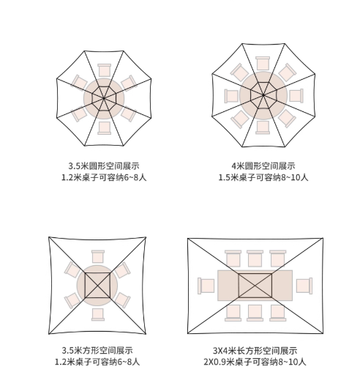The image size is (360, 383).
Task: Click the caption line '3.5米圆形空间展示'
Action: [x=104, y=166]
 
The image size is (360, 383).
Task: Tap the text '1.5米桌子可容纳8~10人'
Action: [x=263, y=177]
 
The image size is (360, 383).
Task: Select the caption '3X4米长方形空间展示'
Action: [x=255, y=351]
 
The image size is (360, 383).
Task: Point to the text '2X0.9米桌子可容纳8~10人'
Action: [x=255, y=362]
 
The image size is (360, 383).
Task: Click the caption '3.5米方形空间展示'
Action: [x=97, y=351]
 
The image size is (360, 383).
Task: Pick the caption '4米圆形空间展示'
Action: [x=263, y=166]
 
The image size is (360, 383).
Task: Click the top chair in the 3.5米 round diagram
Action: [x=104, y=70]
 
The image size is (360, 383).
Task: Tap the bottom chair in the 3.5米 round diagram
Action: [x=104, y=127]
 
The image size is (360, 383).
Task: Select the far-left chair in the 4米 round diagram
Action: [x=231, y=96]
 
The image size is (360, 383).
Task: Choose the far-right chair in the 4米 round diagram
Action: [x=296, y=95]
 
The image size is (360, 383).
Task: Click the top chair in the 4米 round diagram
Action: [x=263, y=63]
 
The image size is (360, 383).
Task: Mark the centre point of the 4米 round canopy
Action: [x=263, y=94]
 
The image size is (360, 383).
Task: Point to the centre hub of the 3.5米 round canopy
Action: [x=104, y=98]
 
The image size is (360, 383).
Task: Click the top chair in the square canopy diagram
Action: [x=98, y=257]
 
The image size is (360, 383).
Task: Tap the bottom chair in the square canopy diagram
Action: [x=98, y=314]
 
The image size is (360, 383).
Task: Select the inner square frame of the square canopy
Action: [x=97, y=273]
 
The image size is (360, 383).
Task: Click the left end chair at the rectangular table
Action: [x=206, y=286]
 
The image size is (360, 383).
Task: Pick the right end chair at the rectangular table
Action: [x=304, y=286]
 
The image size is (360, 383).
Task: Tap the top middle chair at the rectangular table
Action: [x=255, y=259]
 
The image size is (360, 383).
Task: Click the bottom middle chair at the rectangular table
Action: [x=255, y=313]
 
